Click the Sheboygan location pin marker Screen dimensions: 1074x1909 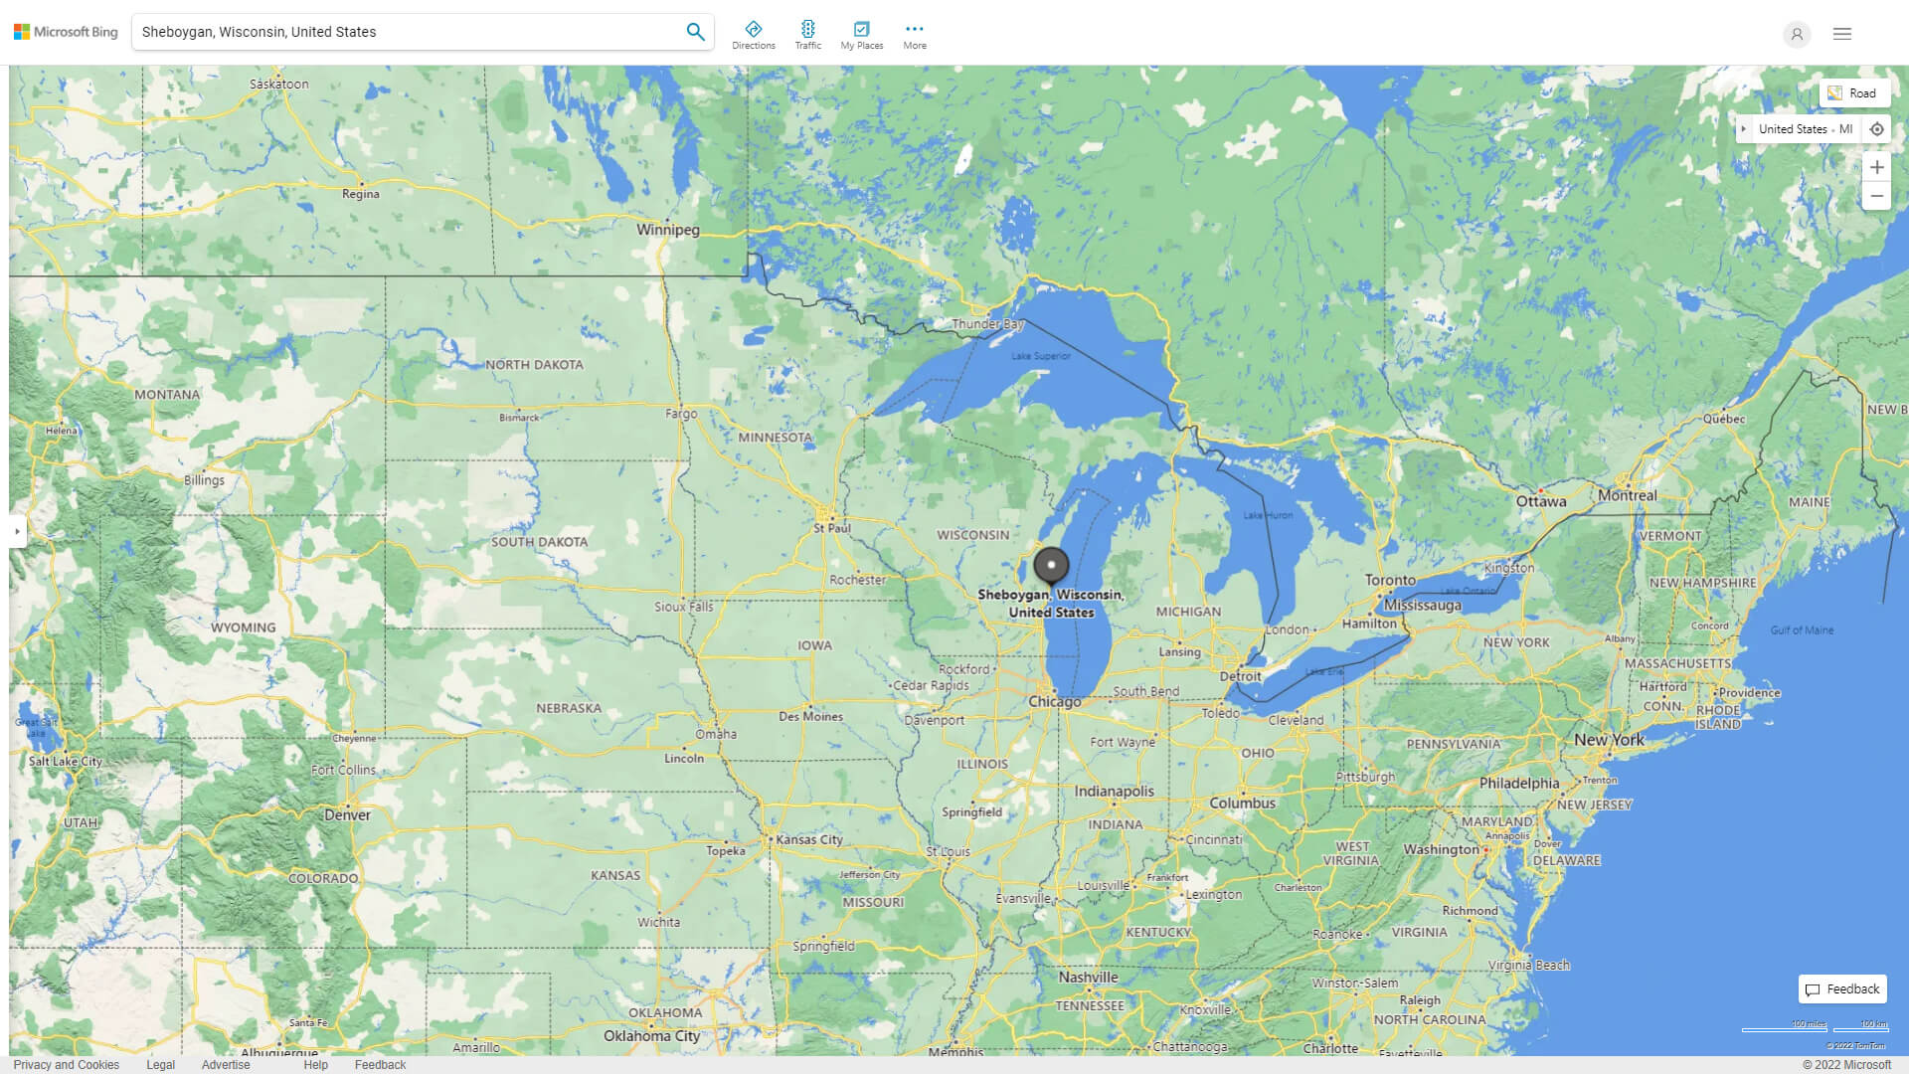[1051, 565]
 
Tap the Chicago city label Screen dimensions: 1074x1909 [1054, 702]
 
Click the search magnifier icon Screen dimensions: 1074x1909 [695, 32]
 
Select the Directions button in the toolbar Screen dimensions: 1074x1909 [754, 35]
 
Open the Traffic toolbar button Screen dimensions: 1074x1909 [807, 35]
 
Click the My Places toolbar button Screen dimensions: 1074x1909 [861, 35]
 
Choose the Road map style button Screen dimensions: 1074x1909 [1853, 93]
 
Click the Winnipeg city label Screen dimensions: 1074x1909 [667, 230]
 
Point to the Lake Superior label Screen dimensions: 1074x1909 [1040, 356]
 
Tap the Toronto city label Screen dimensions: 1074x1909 [1390, 580]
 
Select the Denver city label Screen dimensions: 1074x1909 [347, 814]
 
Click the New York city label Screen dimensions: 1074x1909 [1609, 740]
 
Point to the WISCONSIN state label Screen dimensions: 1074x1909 [972, 535]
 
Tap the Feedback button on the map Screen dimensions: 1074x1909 [1842, 988]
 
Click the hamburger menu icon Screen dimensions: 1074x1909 [1842, 34]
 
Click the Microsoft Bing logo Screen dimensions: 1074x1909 [66, 32]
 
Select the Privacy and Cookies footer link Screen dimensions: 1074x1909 [66, 1064]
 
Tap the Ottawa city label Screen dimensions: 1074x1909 [1540, 502]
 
